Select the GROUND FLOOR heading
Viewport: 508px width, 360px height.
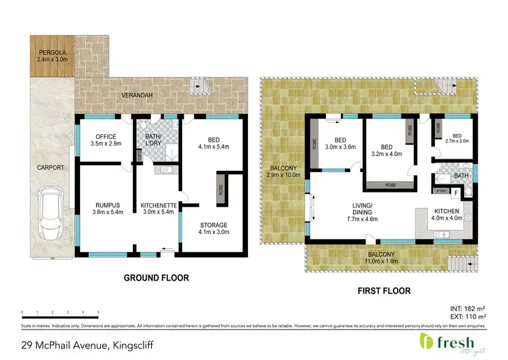click(156, 278)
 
